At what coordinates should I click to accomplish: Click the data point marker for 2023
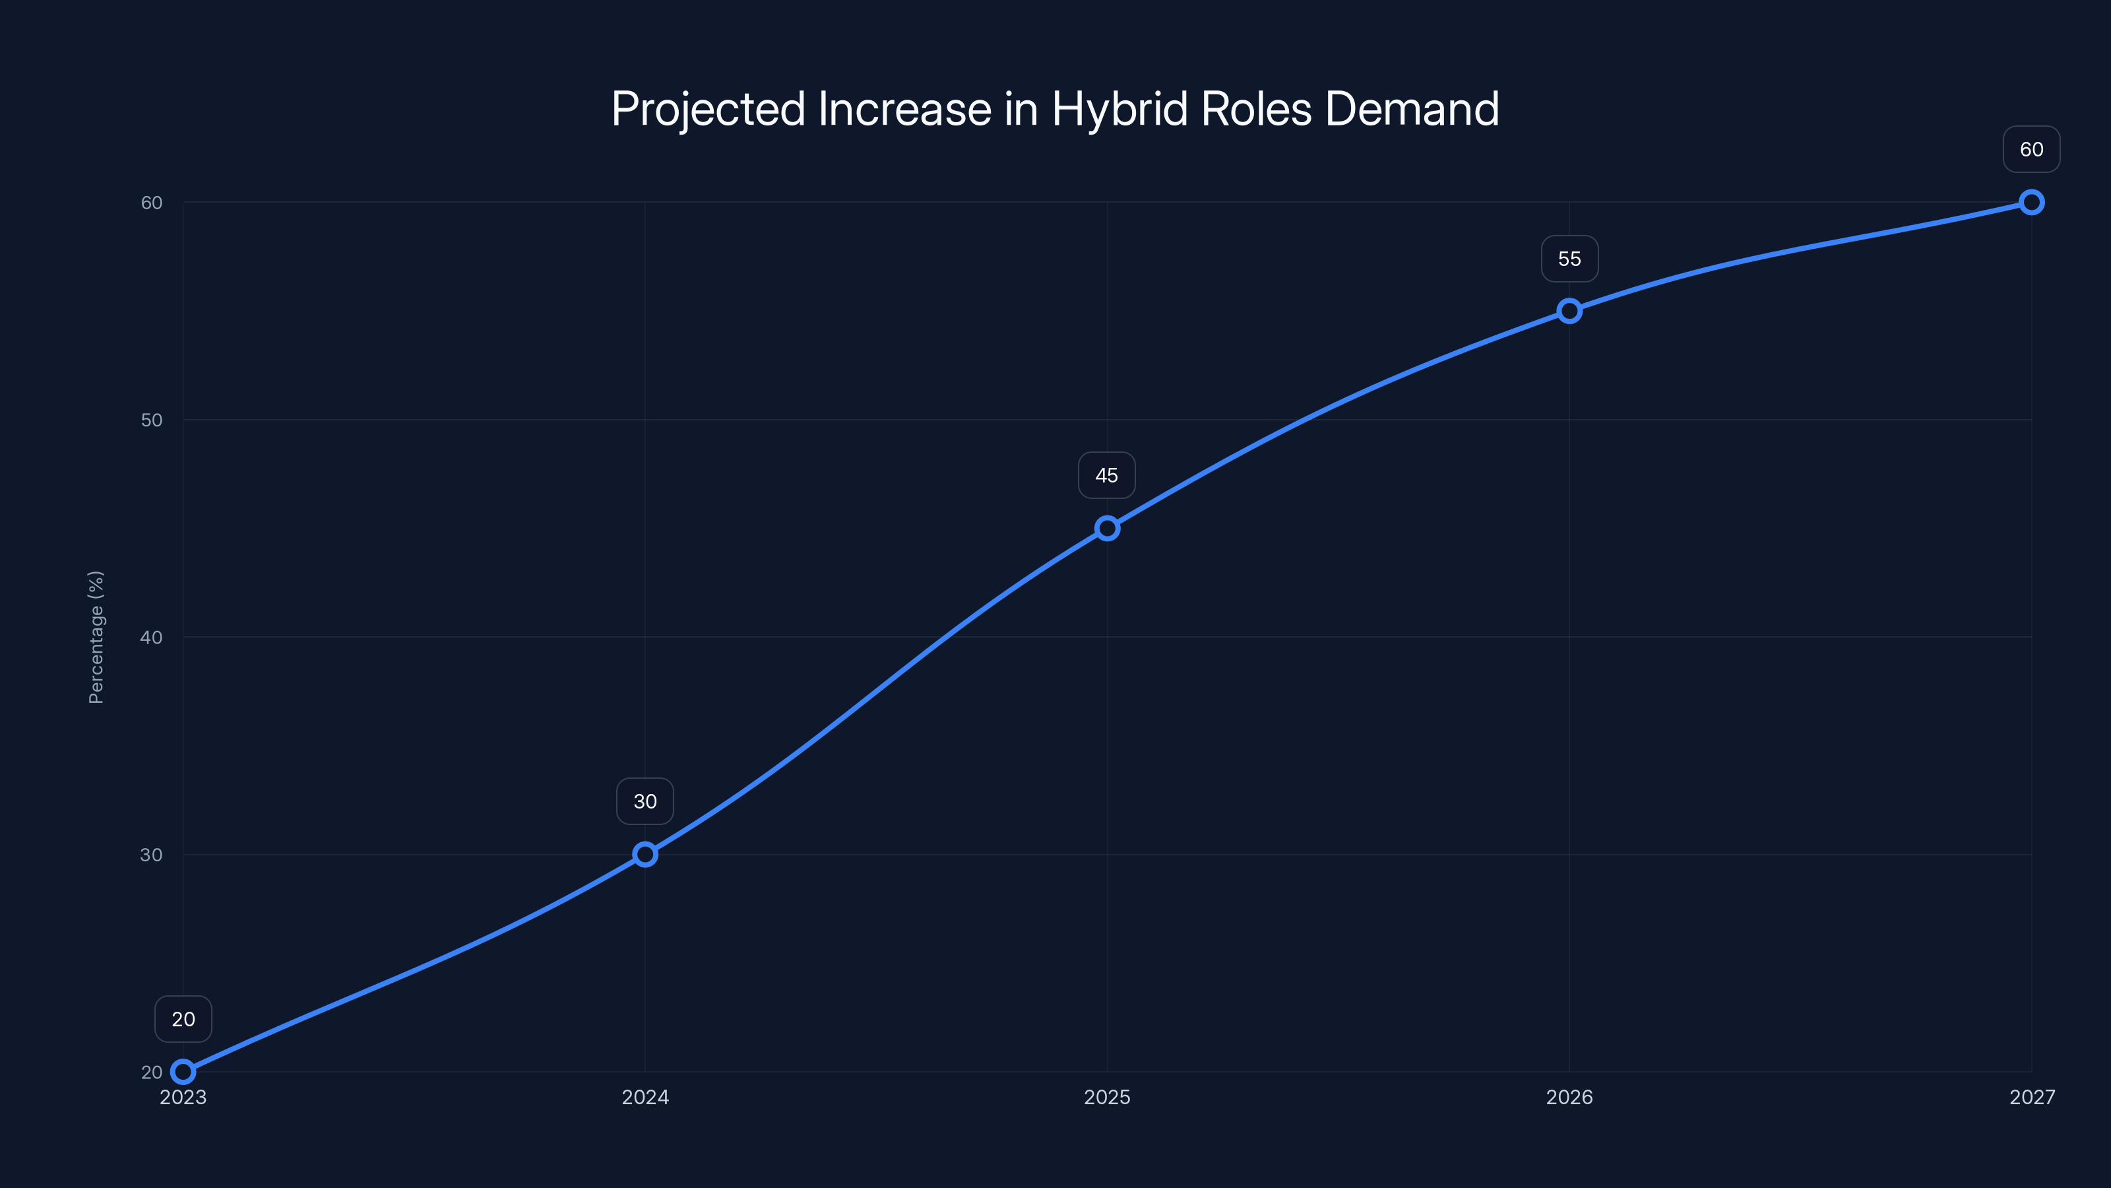[x=183, y=1072]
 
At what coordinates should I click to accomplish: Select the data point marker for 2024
[x=645, y=854]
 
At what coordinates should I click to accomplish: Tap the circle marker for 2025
[x=1107, y=528]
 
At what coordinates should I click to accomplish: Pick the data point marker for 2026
[x=1569, y=311]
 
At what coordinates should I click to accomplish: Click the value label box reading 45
[x=1106, y=475]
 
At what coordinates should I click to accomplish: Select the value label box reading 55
[x=1569, y=259]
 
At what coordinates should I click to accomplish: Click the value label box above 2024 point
[x=645, y=801]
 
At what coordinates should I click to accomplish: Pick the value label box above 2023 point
[x=183, y=1019]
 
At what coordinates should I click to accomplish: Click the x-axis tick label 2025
[x=1107, y=1097]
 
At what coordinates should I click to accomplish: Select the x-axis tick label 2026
[x=1569, y=1097]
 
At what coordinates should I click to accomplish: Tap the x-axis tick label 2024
[x=645, y=1097]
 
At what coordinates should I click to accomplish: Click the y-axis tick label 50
[x=152, y=420]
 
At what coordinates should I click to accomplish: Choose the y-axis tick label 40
[x=152, y=637]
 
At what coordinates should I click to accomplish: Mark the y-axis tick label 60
[x=152, y=203]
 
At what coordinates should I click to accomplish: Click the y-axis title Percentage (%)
[x=96, y=637]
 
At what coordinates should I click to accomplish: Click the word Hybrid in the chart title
[x=1119, y=109]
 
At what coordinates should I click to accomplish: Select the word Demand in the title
[x=1412, y=109]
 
